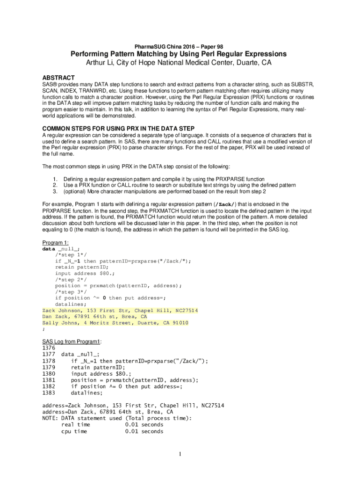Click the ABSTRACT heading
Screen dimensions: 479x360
click(x=58, y=77)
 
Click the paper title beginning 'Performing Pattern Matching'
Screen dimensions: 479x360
click(x=179, y=54)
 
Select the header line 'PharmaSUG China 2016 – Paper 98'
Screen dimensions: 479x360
click(x=179, y=46)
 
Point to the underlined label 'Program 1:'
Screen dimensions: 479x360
click(x=56, y=243)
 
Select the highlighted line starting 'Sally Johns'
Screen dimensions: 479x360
click(x=115, y=323)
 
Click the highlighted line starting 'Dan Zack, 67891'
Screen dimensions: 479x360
click(x=94, y=317)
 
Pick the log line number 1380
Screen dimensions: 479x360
click(x=49, y=374)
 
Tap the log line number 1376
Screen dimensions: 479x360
click(x=49, y=348)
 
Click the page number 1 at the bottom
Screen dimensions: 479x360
click(x=180, y=454)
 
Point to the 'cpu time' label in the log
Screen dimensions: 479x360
click(x=74, y=431)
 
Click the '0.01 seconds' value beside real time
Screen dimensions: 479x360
click(x=144, y=425)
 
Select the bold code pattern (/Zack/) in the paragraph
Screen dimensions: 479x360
click(x=225, y=204)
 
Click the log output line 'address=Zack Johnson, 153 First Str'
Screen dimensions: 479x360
click(x=133, y=406)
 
